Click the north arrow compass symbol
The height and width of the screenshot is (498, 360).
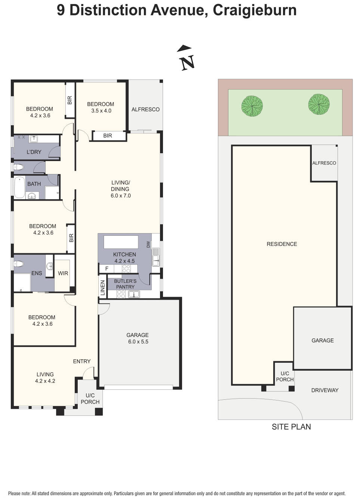(x=186, y=58)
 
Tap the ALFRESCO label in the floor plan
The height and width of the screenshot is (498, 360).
(x=145, y=109)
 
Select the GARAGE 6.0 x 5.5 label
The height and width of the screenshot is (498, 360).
(x=138, y=338)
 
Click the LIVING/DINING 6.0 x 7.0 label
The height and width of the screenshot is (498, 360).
(x=120, y=189)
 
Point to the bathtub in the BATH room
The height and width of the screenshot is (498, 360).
(x=19, y=187)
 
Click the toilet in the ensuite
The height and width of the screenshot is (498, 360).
(x=19, y=264)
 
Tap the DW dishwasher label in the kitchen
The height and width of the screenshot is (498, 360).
(x=148, y=244)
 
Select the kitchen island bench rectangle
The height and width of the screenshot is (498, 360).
(x=121, y=242)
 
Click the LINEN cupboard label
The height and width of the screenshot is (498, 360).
(x=103, y=288)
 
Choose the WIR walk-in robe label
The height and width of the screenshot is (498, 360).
(x=63, y=273)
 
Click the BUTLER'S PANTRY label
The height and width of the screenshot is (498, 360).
(x=125, y=284)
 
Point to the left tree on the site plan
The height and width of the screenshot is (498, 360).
(x=252, y=106)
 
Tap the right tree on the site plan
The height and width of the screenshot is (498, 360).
(x=319, y=104)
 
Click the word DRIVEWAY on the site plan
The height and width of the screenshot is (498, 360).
(x=324, y=390)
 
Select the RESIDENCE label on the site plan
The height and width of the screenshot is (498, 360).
(x=281, y=244)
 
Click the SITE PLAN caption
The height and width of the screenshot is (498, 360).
(x=291, y=427)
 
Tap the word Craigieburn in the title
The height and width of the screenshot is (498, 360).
(x=255, y=10)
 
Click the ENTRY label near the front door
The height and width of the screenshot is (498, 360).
(x=81, y=361)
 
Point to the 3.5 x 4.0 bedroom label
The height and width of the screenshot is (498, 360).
(x=101, y=107)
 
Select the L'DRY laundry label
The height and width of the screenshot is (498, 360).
(x=34, y=152)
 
